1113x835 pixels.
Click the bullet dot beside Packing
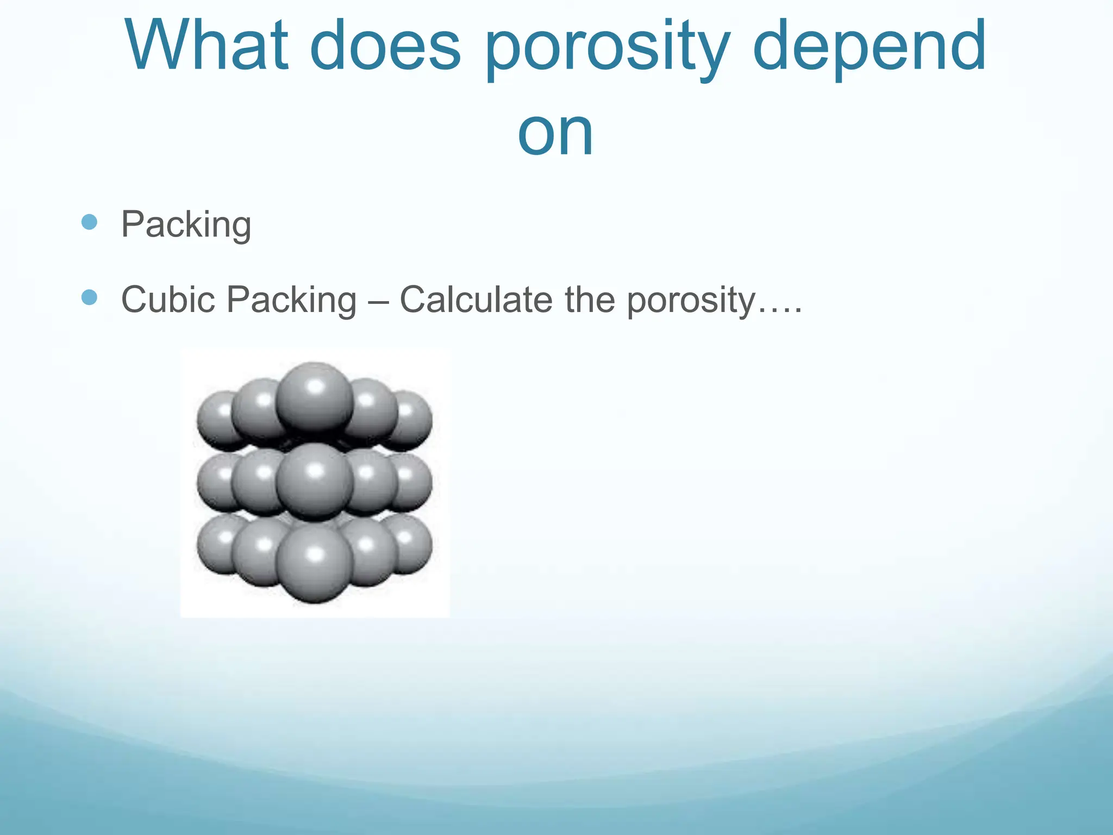pyautogui.click(x=89, y=222)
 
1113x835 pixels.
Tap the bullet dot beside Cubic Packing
pyautogui.click(x=89, y=297)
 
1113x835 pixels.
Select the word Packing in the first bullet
pyautogui.click(x=186, y=225)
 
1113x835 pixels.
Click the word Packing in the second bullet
pyautogui.click(x=291, y=301)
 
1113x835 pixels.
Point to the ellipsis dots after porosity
pyautogui.click(x=780, y=310)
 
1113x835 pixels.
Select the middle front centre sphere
pyautogui.click(x=314, y=481)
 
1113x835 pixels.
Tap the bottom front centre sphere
pyautogui.click(x=314, y=565)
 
